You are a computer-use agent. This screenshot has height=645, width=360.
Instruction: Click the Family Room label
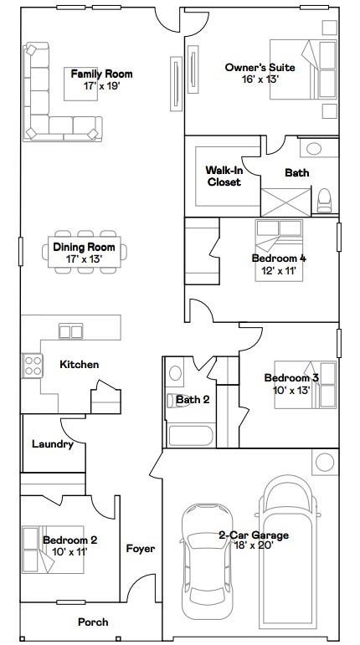tap(101, 74)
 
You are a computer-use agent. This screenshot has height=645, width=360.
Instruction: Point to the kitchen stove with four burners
tap(33, 366)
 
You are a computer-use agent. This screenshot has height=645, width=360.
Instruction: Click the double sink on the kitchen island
tap(70, 331)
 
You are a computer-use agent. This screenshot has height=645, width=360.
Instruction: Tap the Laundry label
tap(53, 444)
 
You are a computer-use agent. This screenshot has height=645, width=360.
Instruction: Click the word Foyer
tap(140, 549)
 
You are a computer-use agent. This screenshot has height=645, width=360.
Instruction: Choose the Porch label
tap(93, 622)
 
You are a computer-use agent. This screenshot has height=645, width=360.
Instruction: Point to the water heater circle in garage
tap(324, 462)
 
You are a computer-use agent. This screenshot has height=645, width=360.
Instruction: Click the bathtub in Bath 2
tap(191, 435)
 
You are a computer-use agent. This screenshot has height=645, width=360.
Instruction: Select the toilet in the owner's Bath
tap(324, 200)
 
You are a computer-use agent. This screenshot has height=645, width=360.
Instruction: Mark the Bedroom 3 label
tap(291, 377)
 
